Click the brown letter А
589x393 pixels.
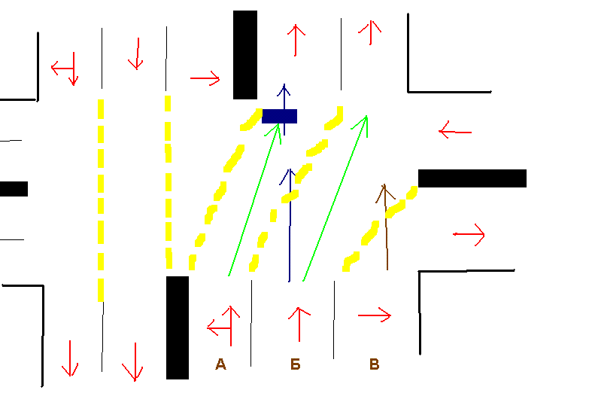coord(220,365)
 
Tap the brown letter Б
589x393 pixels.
coord(296,365)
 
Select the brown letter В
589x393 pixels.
coord(374,365)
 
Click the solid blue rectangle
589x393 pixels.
coord(279,116)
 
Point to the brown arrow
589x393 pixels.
coord(386,226)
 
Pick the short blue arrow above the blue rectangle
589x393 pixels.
coord(284,96)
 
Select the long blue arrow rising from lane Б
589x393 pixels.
coord(290,226)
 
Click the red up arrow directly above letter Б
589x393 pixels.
coord(299,323)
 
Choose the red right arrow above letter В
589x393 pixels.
coord(375,315)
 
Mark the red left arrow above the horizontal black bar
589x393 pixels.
coord(455,132)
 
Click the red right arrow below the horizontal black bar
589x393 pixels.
coord(469,235)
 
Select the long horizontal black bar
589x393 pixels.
coord(472,178)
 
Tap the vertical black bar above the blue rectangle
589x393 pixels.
coord(245,55)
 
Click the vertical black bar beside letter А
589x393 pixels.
coord(178,327)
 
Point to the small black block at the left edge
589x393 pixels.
coord(14,188)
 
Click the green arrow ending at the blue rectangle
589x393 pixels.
coord(254,200)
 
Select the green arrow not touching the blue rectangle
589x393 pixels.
coord(335,200)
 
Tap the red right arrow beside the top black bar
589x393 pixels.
coord(205,78)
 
